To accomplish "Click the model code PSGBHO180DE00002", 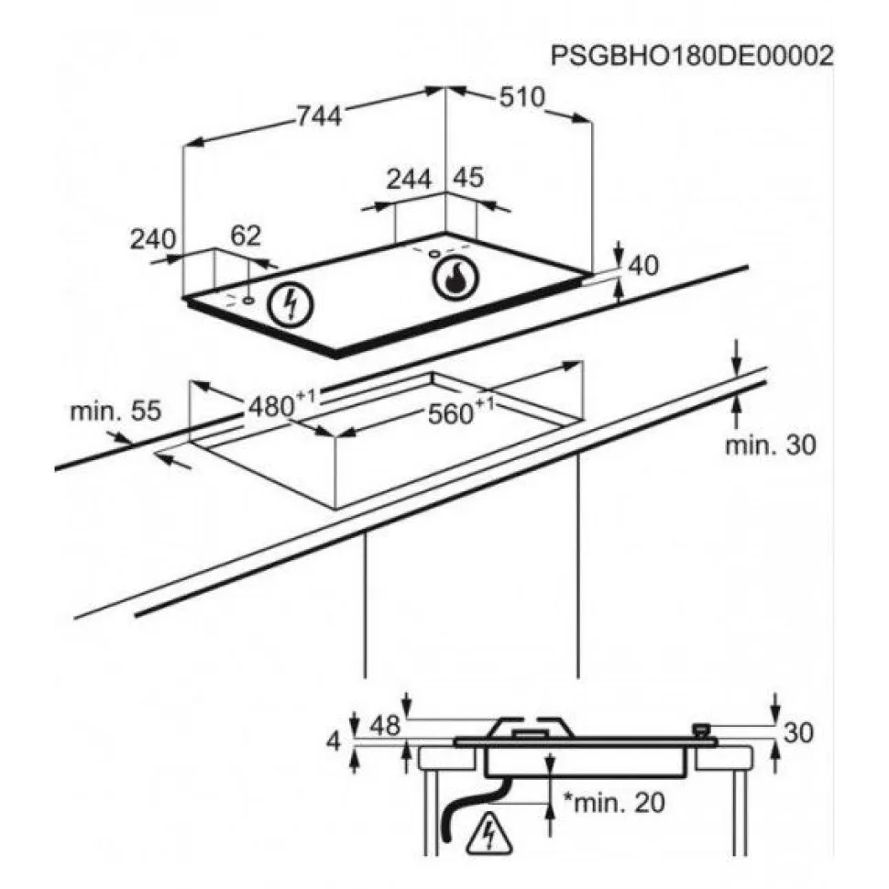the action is click(x=692, y=56).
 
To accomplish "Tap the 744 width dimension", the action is click(x=319, y=116).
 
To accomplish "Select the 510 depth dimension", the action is click(x=521, y=97).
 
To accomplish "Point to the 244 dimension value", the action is click(x=409, y=179).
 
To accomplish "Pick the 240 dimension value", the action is click(x=153, y=238).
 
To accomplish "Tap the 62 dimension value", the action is click(x=246, y=236).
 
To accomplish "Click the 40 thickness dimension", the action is click(x=643, y=266).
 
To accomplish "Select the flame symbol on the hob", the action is click(x=455, y=279).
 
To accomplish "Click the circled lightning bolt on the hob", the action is click(x=291, y=304).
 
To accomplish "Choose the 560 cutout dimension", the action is click(x=460, y=412).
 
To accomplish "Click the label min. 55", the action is click(x=115, y=411).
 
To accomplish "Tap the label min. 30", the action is click(x=771, y=445).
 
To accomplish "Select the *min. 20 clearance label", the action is click(x=613, y=802).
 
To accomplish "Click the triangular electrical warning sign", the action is click(x=488, y=834).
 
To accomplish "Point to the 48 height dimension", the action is click(x=385, y=725).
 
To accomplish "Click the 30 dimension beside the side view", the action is click(x=798, y=733).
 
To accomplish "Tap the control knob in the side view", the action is click(x=703, y=730).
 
